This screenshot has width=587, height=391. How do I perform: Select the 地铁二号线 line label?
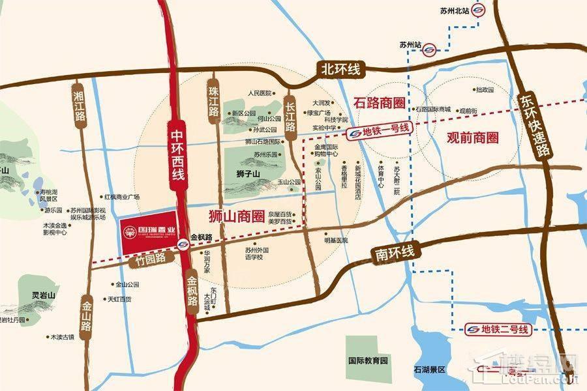coord(500,330)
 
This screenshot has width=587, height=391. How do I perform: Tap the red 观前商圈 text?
coord(472,138)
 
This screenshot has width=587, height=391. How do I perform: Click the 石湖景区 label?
coord(429,369)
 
